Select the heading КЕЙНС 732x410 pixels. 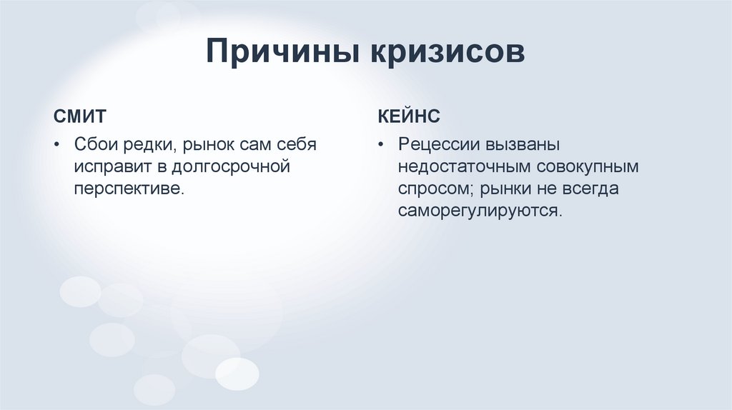[x=408, y=116]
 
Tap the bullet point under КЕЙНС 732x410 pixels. [x=382, y=145]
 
